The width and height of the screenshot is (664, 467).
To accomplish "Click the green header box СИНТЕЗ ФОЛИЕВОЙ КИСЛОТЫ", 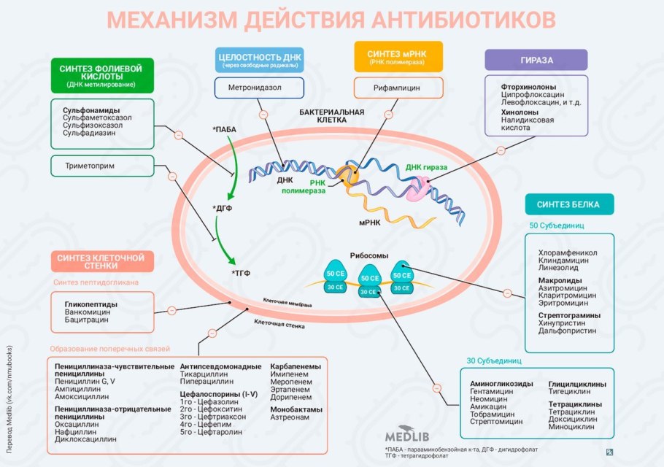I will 102,76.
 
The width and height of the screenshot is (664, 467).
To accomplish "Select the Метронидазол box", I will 258,88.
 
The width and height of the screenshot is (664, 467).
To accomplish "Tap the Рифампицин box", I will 398,88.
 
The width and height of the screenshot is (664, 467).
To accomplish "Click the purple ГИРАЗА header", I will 536,60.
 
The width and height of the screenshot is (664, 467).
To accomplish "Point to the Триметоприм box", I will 102,166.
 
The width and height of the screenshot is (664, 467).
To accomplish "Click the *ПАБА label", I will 225,129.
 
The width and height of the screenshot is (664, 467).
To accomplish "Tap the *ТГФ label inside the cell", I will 241,273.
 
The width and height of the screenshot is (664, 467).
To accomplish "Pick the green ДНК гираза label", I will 426,167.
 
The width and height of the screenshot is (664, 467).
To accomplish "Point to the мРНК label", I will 371,222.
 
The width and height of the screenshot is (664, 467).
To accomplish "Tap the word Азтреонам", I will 290,418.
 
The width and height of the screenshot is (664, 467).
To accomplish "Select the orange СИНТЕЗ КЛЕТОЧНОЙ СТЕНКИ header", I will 102,261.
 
